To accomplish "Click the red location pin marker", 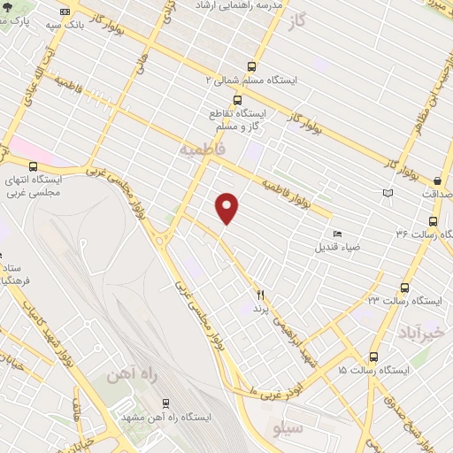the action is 227,207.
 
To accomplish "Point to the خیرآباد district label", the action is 418,332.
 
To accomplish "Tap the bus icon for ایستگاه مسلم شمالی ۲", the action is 252,66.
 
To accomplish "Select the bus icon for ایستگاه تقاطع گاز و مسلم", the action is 236,100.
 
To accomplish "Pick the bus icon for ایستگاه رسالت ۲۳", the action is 404,288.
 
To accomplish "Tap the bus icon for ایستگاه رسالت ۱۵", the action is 373,357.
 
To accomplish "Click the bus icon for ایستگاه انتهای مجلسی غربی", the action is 33,166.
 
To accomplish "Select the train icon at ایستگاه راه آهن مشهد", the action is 165,403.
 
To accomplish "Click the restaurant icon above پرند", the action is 260,295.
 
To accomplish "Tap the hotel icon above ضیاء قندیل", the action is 338,233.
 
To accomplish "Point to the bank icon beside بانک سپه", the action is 65,11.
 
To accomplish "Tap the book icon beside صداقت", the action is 387,193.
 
